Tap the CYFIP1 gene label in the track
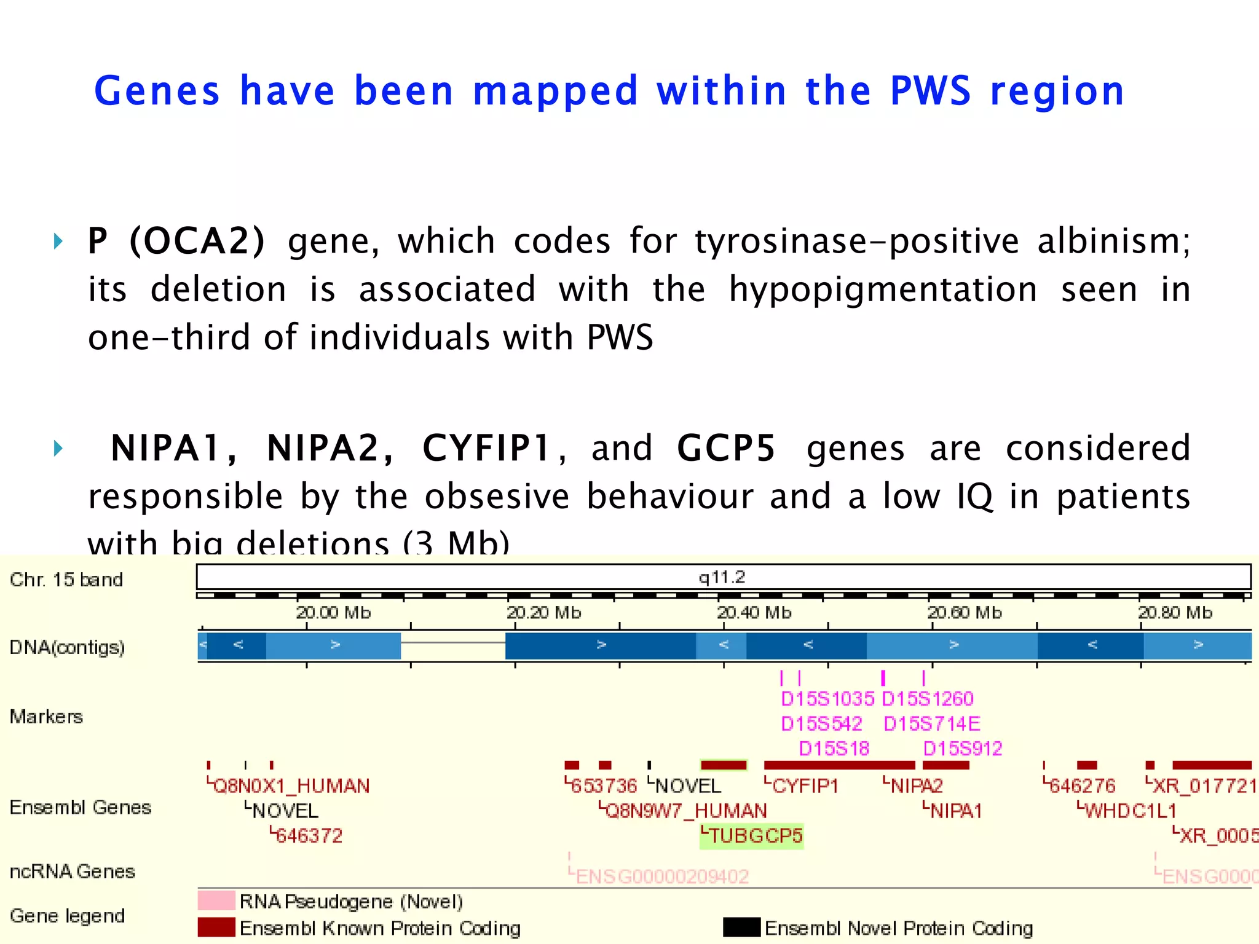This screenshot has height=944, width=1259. pos(805,786)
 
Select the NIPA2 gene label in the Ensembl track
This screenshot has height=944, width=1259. pos(916,786)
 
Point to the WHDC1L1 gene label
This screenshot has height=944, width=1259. pos(1130,811)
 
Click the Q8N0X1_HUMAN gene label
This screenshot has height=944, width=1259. pos(291,786)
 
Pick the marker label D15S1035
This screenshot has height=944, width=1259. pos(827,699)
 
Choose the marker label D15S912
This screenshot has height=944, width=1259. pos(963,749)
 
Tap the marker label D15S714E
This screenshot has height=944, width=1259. pos(932,724)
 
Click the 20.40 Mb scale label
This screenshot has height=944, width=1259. pos(754,613)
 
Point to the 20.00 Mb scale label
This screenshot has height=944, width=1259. pos(333,613)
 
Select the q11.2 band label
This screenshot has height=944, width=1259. pos(722,577)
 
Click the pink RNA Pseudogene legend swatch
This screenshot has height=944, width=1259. pos(216,900)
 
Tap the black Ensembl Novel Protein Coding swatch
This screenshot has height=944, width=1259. pos(741,927)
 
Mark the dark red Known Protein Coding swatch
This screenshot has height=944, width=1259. pos(216,927)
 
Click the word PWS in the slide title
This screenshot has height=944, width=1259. pos(930,91)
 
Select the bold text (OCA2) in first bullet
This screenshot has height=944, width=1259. pos(197,240)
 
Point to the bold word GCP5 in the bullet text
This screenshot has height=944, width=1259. pos(726,447)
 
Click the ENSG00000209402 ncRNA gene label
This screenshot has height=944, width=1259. pos(662,876)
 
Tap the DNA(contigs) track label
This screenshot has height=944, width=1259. pos(68,647)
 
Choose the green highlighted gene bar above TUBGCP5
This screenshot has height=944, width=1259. pos(724,765)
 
